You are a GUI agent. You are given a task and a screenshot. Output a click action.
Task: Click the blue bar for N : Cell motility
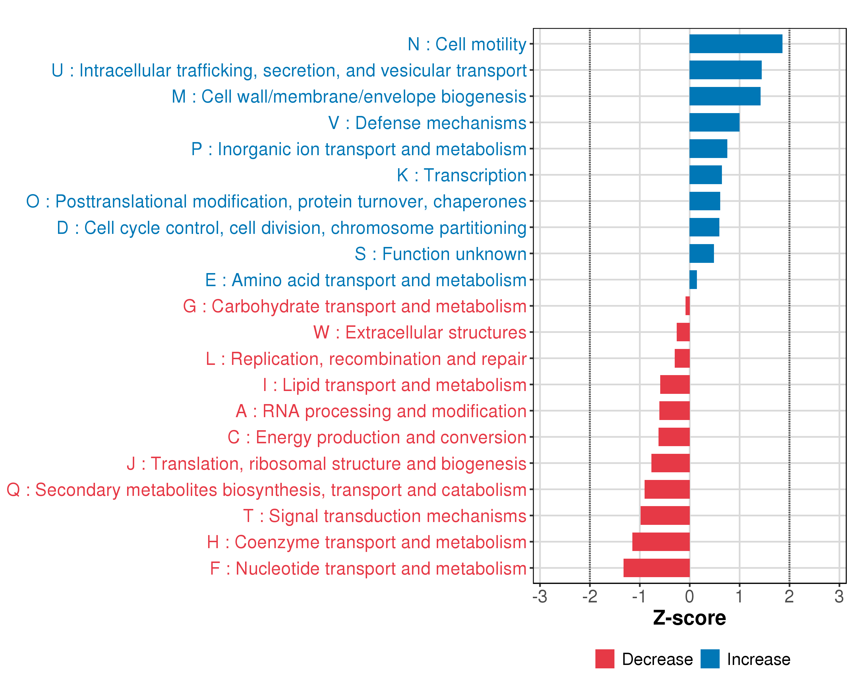(736, 44)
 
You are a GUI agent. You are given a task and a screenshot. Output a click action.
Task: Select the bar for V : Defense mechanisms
(714, 122)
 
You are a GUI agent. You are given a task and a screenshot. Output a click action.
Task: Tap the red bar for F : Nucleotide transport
(656, 568)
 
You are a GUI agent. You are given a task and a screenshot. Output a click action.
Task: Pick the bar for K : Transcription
(705, 175)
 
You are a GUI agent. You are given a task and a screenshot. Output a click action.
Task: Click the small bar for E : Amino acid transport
(693, 280)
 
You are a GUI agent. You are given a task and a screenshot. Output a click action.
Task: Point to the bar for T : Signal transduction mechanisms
(665, 515)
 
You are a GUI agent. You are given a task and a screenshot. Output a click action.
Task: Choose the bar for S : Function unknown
(701, 253)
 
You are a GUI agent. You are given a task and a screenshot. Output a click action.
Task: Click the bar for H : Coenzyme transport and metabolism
(661, 542)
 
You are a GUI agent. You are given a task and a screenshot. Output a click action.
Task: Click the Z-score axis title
(689, 618)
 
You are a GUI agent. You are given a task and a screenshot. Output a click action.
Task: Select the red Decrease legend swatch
(604, 659)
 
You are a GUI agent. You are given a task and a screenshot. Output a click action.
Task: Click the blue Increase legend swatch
(710, 659)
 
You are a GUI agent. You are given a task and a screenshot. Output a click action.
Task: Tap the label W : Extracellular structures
(420, 332)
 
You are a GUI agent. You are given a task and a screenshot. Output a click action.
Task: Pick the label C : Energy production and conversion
(377, 437)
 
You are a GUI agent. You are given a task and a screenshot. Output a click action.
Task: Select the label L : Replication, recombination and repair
(366, 359)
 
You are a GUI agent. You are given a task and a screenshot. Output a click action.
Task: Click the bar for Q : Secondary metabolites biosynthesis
(667, 489)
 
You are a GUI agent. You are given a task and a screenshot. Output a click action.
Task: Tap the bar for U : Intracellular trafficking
(725, 70)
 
